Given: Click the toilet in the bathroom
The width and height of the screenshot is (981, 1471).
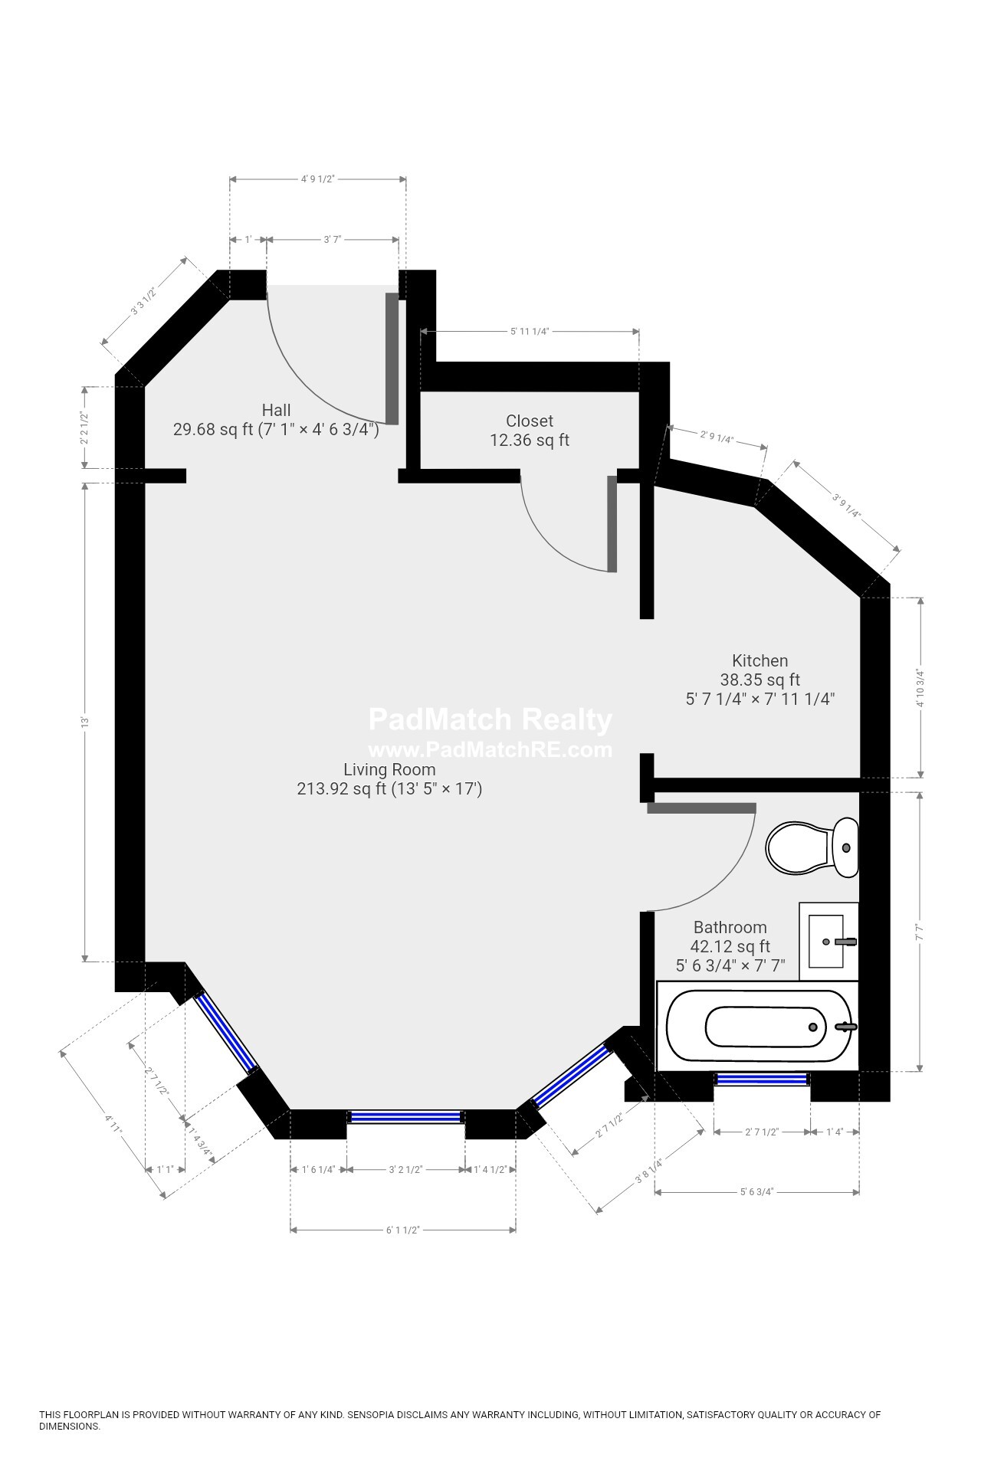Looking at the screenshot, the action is (x=812, y=847).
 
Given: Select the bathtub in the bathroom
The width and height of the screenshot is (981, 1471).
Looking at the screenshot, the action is (x=758, y=1027).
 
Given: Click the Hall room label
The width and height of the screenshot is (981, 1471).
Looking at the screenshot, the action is (x=276, y=410).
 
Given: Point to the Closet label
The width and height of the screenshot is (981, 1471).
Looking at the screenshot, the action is (x=530, y=421).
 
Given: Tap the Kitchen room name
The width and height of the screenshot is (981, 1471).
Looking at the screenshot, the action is (x=760, y=660).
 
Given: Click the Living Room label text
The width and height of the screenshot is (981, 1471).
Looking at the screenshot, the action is (x=389, y=770).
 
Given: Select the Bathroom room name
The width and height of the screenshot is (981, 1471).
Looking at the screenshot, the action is (x=730, y=927).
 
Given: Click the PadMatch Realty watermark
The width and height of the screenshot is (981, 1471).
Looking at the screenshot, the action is (x=490, y=719).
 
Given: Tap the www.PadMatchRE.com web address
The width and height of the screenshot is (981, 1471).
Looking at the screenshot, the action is (x=490, y=749).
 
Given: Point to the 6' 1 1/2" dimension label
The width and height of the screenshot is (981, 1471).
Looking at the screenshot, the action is (x=402, y=1230).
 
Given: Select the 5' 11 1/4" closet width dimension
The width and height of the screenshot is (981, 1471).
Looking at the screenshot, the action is (x=530, y=331).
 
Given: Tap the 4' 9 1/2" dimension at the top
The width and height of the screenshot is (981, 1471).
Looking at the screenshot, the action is (x=318, y=179).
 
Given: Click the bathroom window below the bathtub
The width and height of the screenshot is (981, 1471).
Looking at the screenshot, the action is (x=762, y=1079).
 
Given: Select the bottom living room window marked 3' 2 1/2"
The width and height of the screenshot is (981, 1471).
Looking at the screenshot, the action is (x=406, y=1117).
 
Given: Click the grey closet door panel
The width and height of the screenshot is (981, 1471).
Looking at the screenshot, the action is (x=612, y=524).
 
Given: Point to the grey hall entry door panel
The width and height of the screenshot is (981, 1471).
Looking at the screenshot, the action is (x=392, y=359).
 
